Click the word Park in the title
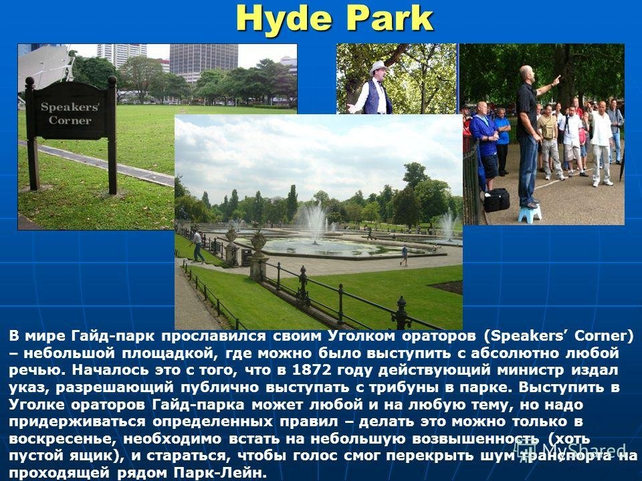[387, 19]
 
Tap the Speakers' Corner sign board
[70, 112]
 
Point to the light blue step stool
[530, 214]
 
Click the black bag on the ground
[497, 200]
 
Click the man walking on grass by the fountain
[198, 247]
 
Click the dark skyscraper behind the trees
[203, 61]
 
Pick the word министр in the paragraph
[530, 371]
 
